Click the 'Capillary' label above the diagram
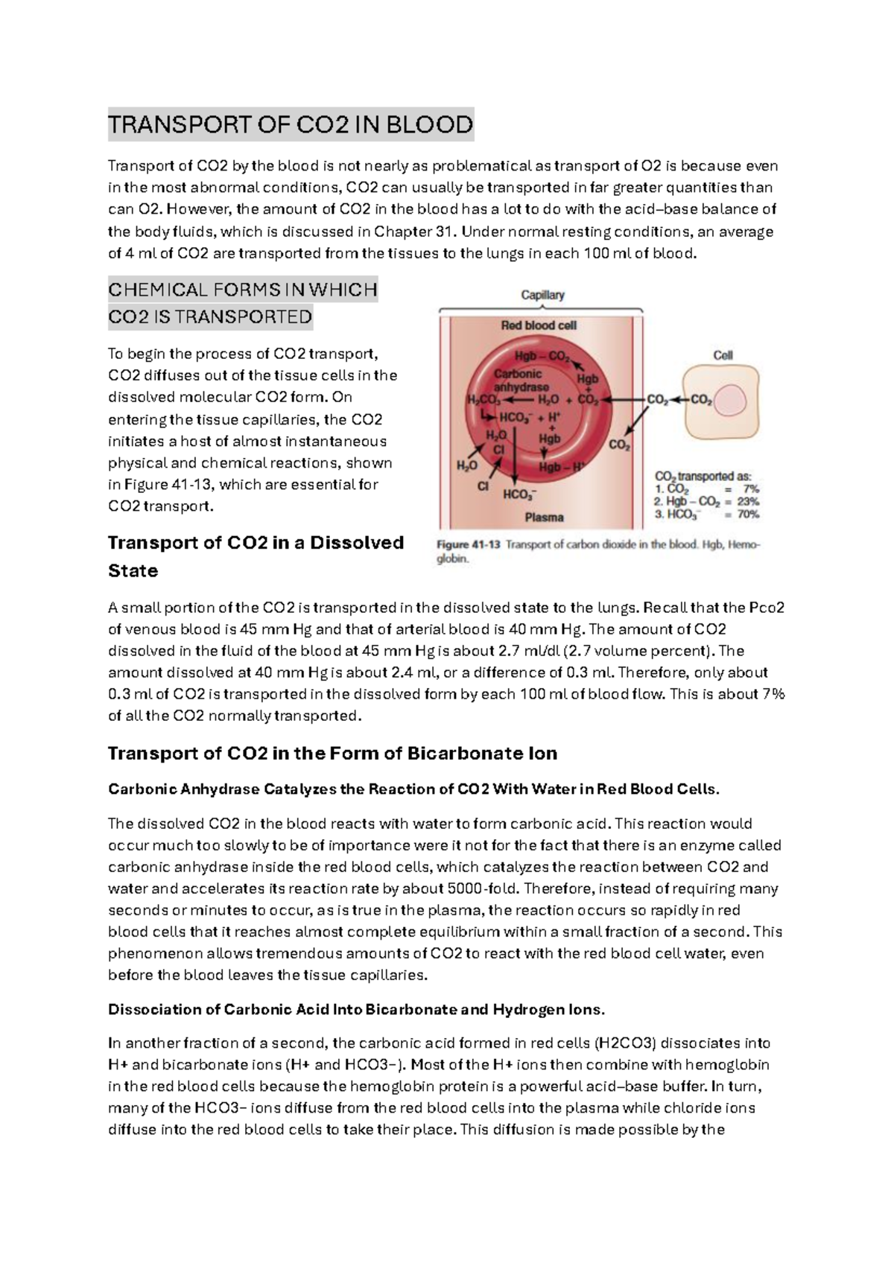point(542,295)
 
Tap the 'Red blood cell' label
point(539,325)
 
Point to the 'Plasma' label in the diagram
point(544,517)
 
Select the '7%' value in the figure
point(751,489)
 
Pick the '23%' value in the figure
point(748,502)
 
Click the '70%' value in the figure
point(748,515)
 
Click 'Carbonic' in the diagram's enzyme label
point(518,374)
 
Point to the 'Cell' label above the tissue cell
point(723,355)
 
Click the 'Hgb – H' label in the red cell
point(561,467)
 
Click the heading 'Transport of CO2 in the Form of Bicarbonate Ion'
point(332,753)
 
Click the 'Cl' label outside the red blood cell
point(483,486)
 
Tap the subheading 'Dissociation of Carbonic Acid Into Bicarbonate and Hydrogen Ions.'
point(356,1009)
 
